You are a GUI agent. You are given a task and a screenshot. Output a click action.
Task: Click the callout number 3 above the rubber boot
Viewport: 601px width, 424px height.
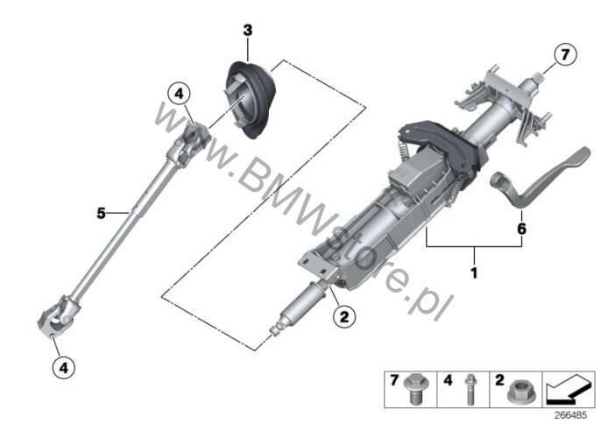248,31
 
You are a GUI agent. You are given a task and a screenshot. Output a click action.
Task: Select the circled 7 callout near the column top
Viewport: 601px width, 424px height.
565,55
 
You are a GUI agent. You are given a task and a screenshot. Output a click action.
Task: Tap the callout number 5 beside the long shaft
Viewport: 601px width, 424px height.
101,213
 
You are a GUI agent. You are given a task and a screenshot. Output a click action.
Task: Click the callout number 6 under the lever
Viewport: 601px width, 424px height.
521,229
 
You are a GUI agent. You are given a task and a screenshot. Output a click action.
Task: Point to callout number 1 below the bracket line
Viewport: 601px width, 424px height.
474,273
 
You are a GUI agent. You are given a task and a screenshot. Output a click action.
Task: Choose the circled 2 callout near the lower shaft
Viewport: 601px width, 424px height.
344,317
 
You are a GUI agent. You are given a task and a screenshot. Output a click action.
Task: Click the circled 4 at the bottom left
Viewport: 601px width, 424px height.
64,368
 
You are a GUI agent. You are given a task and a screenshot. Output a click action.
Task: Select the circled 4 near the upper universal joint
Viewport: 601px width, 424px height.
180,94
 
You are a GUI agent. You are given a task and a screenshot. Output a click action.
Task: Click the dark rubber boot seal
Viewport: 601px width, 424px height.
251,101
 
